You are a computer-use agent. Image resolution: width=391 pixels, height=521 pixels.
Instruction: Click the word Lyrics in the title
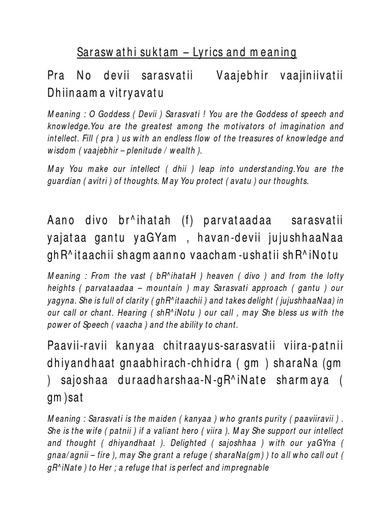point(218,52)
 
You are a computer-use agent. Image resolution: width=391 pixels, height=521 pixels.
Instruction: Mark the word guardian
point(64,182)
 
